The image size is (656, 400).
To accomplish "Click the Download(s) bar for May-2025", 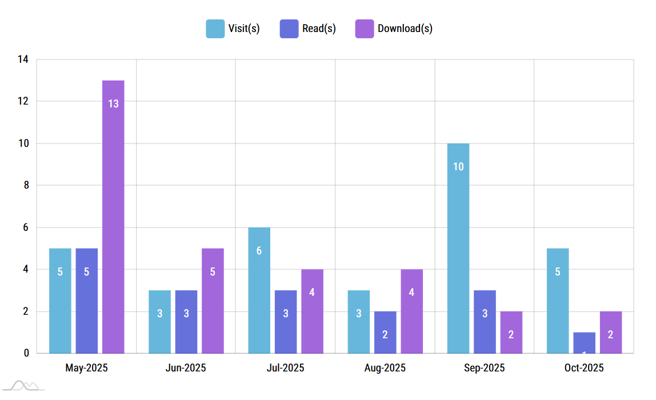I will tap(113, 217).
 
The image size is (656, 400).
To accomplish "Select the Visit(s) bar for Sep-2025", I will tap(458, 248).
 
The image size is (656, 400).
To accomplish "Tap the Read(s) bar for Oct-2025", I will tap(584, 343).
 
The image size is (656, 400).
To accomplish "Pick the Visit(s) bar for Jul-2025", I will tap(259, 290).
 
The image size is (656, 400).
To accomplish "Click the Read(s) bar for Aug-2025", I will tap(385, 333).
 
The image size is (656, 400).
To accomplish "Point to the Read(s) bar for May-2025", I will tap(87, 301).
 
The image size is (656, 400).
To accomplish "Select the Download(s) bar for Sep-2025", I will tap(511, 333).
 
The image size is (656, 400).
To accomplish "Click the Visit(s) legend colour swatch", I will tap(215, 29).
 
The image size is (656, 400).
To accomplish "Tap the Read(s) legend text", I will tap(319, 29).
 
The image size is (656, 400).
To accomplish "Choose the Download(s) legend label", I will tap(405, 29).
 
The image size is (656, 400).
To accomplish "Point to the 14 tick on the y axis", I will tap(23, 59).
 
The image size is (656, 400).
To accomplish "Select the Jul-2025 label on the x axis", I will tap(285, 368).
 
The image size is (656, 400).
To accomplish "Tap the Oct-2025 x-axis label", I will tap(583, 368).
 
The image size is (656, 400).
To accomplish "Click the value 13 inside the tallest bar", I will tap(113, 104).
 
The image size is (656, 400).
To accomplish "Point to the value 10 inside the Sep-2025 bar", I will tap(458, 167).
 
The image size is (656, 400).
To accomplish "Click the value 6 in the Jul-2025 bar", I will tap(259, 251).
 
